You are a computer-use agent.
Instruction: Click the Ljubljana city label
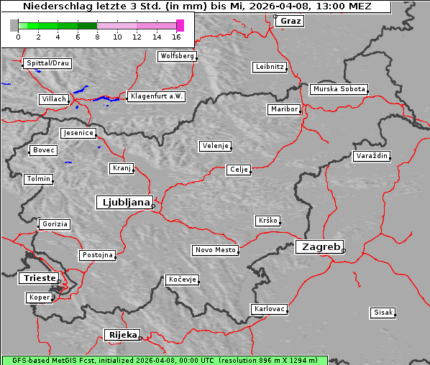coord(124,202)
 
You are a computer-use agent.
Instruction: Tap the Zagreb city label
coord(319,246)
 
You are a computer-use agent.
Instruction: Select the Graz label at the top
coord(291,21)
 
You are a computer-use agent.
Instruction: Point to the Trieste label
coord(37,278)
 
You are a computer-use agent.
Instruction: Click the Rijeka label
coord(122,335)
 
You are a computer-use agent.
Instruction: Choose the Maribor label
coord(283,109)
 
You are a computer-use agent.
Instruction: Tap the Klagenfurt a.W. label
coord(155,96)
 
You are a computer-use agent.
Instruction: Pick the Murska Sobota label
coord(339,89)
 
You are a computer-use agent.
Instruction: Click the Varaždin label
coord(372,156)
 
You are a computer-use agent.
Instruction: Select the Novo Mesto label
coord(215,250)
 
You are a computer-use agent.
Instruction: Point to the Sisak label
coord(383,312)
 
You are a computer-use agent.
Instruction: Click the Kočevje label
coord(181,279)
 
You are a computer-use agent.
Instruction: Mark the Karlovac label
coord(270,309)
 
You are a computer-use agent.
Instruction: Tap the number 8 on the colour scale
coord(97,37)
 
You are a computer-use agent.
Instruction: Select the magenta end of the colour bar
coord(180,25)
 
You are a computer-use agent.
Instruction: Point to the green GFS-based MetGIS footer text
coord(164,360)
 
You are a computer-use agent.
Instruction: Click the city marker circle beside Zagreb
coord(344,251)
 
